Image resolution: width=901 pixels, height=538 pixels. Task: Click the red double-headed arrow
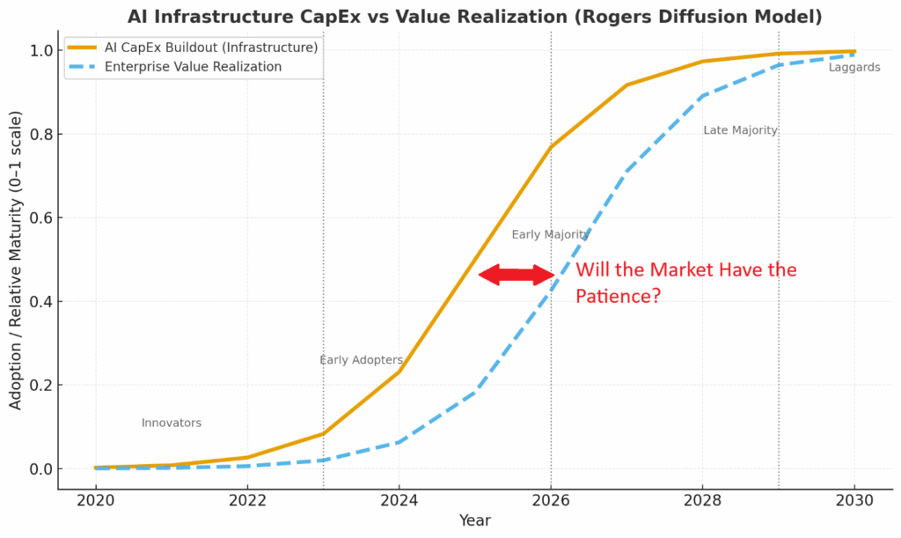pyautogui.click(x=517, y=275)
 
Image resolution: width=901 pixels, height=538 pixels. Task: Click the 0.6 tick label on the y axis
pyautogui.click(x=40, y=217)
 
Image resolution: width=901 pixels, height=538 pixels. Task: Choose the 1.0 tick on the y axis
pyautogui.click(x=40, y=51)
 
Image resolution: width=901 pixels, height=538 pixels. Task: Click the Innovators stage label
pyautogui.click(x=172, y=424)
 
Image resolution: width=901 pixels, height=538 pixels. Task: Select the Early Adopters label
pyautogui.click(x=361, y=360)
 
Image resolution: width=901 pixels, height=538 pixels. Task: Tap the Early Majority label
pyautogui.click(x=550, y=235)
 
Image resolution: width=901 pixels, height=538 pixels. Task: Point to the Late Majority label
pyautogui.click(x=740, y=130)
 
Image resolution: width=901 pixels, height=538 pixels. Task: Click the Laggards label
pyautogui.click(x=853, y=68)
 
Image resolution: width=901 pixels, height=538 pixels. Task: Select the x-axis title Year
pyautogui.click(x=475, y=521)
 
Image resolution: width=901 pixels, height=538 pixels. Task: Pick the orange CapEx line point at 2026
pyautogui.click(x=551, y=147)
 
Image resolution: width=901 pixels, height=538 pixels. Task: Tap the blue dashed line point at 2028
pyautogui.click(x=702, y=96)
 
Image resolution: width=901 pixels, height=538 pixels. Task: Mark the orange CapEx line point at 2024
pyautogui.click(x=399, y=372)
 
